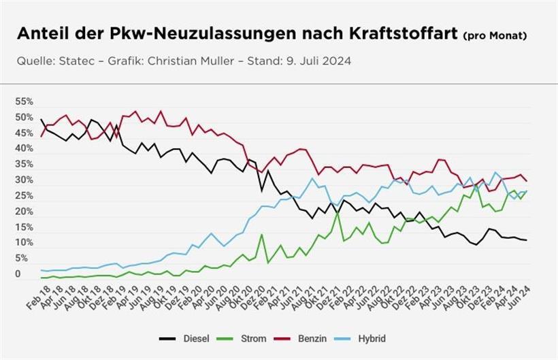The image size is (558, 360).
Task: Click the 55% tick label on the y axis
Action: (x=24, y=101)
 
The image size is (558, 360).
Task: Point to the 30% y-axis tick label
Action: (x=24, y=180)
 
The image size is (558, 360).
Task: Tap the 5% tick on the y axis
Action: (x=22, y=259)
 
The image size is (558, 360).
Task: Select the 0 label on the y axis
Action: (x=18, y=274)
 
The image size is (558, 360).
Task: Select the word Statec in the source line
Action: (x=78, y=61)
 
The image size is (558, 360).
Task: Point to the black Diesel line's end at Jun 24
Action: (x=527, y=240)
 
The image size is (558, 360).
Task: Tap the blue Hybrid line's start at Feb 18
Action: (x=42, y=270)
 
